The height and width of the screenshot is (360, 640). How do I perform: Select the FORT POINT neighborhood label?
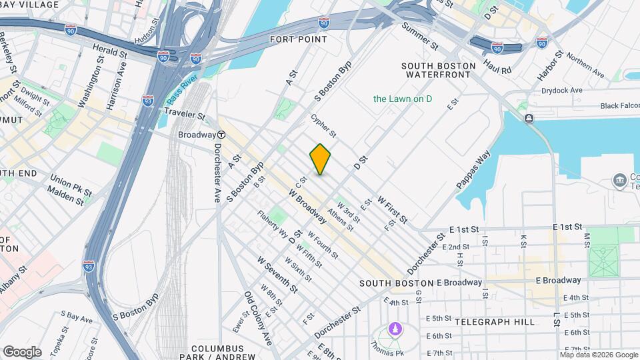pyautogui.click(x=298, y=39)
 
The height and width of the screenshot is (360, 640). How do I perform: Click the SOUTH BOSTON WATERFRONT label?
pyautogui.click(x=439, y=70)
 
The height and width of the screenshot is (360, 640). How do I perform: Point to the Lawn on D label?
pyautogui.click(x=403, y=99)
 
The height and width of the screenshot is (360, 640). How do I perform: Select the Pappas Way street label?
pyautogui.click(x=473, y=170)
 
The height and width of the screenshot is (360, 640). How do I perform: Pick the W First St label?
pyautogui.click(x=392, y=209)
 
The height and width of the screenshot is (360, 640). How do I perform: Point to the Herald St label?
pyautogui.click(x=109, y=51)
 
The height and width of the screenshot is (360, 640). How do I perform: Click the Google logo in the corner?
pyautogui.click(x=21, y=351)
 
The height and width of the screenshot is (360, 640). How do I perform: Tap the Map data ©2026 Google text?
pyautogui.click(x=599, y=355)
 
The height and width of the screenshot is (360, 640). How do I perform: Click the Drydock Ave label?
pyautogui.click(x=562, y=90)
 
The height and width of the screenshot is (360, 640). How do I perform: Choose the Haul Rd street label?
pyautogui.click(x=497, y=66)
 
